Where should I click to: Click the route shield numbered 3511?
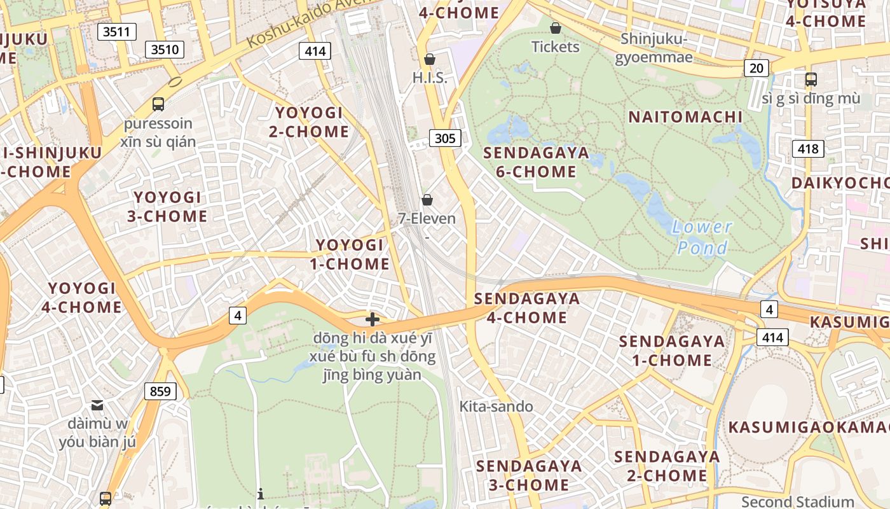pyautogui.click(x=117, y=32)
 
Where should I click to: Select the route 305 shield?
pyautogui.click(x=444, y=138)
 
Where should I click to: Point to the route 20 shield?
pyautogui.click(x=756, y=68)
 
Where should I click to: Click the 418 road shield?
pyautogui.click(x=808, y=150)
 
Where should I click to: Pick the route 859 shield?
pyautogui.click(x=160, y=391)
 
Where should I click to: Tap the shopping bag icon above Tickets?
pyautogui.click(x=556, y=28)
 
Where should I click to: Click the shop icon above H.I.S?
pyautogui.click(x=430, y=59)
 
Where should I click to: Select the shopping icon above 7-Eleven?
pyautogui.click(x=427, y=200)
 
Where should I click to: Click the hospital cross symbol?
pyautogui.click(x=373, y=319)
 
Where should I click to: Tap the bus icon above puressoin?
pyautogui.click(x=158, y=104)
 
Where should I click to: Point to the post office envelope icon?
pyautogui.click(x=97, y=405)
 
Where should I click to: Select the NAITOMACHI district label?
pyautogui.click(x=685, y=117)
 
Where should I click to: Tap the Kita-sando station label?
pyautogui.click(x=496, y=407)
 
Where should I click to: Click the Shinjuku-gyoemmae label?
pyautogui.click(x=654, y=48)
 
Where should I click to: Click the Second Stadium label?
pyautogui.click(x=798, y=501)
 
